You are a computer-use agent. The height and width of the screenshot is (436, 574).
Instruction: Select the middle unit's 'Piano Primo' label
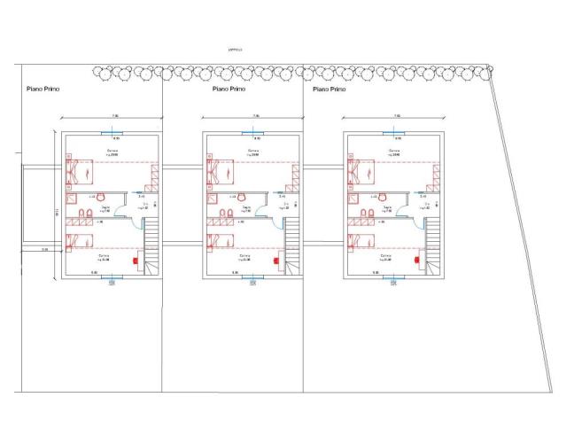pos(229,90)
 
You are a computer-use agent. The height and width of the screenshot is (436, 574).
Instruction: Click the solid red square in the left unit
pos(136,261)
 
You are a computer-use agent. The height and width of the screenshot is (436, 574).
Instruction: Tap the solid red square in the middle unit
pos(277,261)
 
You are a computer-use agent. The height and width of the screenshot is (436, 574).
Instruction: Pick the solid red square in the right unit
pos(418,261)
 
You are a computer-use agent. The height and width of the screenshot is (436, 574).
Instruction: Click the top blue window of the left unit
pos(112,133)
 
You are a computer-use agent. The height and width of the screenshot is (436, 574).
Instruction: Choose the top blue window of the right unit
pos(396,133)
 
